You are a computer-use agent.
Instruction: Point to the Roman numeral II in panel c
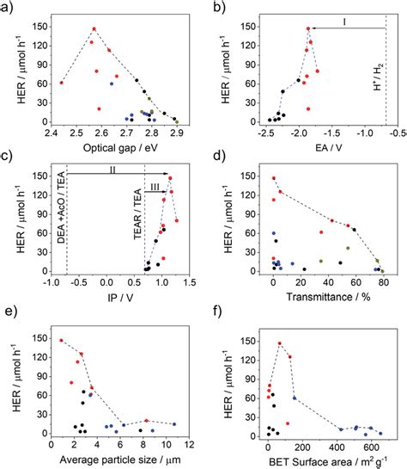(112, 170)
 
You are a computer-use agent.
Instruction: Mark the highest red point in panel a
(94, 28)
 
